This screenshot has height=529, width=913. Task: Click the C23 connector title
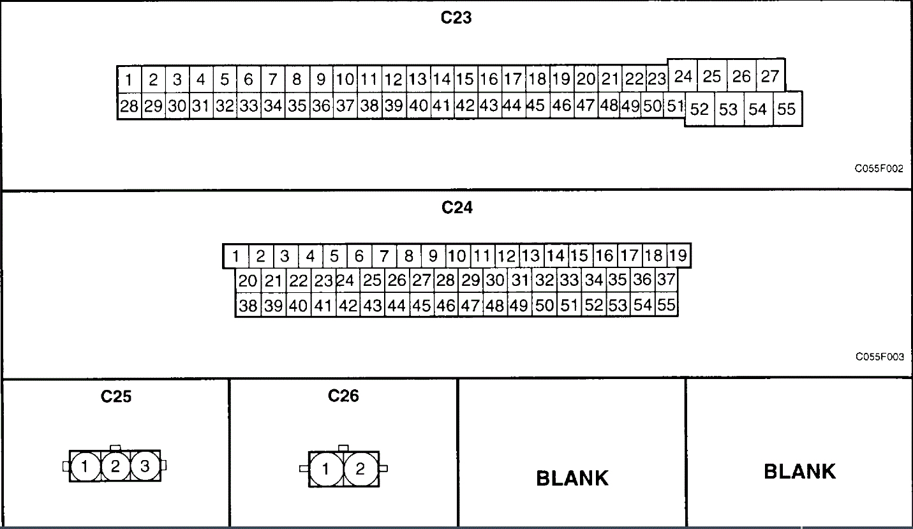(x=456, y=18)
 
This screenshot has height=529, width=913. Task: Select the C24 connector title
(x=457, y=207)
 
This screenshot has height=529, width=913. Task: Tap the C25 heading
(x=116, y=396)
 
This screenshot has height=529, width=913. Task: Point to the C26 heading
(x=343, y=396)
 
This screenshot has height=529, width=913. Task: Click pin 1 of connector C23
(x=129, y=80)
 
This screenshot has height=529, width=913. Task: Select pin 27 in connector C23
(x=770, y=77)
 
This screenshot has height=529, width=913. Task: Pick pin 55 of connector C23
(x=787, y=109)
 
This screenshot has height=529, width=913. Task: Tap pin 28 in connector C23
(x=129, y=106)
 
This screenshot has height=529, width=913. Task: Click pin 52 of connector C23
(x=699, y=109)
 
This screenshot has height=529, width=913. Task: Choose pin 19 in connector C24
(x=679, y=256)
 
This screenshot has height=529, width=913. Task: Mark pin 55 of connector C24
(x=666, y=305)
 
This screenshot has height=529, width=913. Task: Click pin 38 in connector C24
(x=248, y=306)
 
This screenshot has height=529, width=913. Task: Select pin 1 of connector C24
(x=235, y=257)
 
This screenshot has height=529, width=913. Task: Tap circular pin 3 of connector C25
(x=145, y=466)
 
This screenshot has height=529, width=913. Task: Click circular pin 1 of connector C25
(x=84, y=466)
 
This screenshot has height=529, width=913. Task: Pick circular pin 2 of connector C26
(x=360, y=470)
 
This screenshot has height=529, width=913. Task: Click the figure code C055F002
(x=879, y=169)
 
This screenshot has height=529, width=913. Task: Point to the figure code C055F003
(x=879, y=357)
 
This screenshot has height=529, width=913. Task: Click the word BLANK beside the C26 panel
(x=572, y=477)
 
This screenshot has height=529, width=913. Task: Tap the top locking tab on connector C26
(x=343, y=448)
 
